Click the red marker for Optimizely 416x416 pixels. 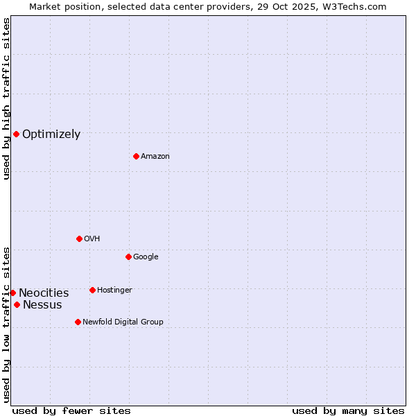[x=16, y=134]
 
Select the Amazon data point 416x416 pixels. [x=136, y=156]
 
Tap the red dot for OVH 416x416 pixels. [x=79, y=239]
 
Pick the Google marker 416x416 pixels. [x=128, y=257]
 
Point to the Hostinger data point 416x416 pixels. [x=92, y=290]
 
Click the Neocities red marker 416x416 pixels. [x=12, y=293]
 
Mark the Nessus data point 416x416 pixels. [x=17, y=304]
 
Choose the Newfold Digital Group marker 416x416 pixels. [x=78, y=322]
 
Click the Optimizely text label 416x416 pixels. [x=51, y=135]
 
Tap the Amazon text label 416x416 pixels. [x=155, y=157]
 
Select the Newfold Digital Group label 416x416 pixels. [x=123, y=322]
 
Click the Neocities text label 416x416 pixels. [x=44, y=293]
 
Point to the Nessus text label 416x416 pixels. [x=42, y=305]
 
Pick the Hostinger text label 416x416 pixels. [x=114, y=290]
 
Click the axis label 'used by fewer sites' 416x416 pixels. [x=71, y=410]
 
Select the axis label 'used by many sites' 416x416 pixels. [x=348, y=410]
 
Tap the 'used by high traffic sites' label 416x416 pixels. [x=6, y=98]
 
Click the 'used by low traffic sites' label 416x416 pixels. [x=6, y=324]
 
